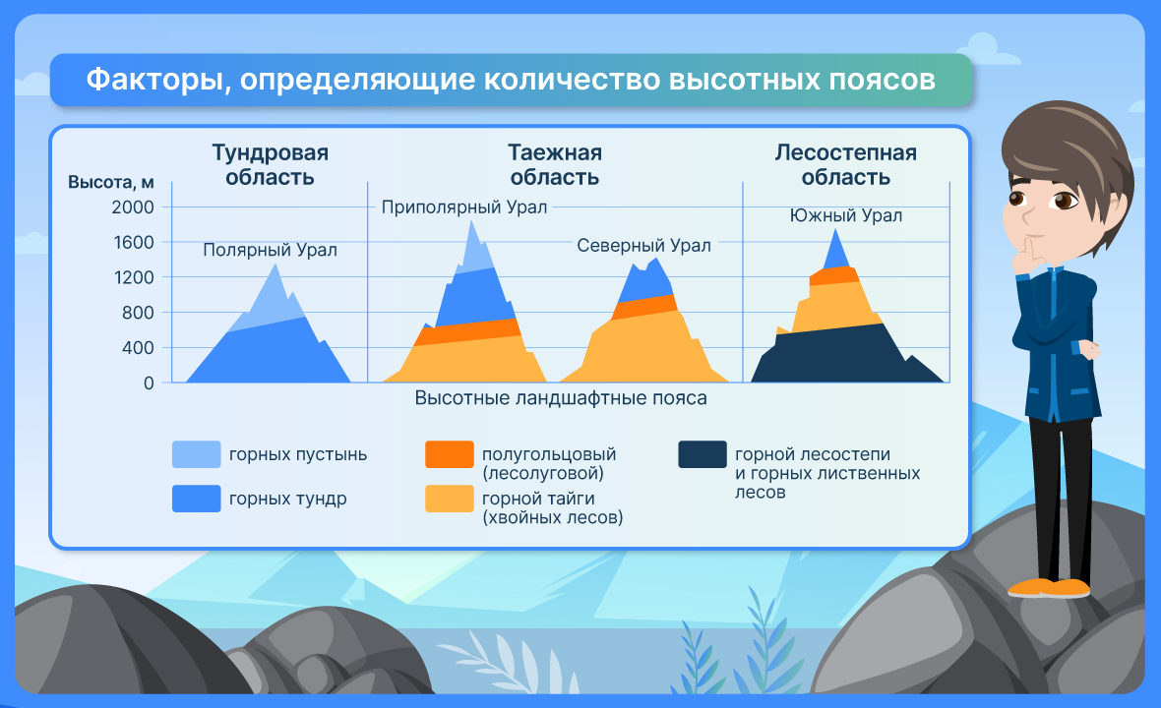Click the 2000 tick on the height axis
133,207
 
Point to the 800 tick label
138,313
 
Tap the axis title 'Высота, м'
111,182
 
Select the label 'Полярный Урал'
271,250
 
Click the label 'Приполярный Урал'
464,207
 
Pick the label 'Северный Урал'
643,246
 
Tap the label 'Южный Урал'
845,215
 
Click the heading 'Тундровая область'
271,165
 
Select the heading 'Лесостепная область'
845,165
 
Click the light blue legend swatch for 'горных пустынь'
196,454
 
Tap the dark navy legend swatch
702,454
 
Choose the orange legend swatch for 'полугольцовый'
450,454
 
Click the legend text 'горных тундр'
288,499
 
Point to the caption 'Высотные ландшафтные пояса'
561,398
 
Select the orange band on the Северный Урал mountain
644,306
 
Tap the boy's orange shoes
1049,588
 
